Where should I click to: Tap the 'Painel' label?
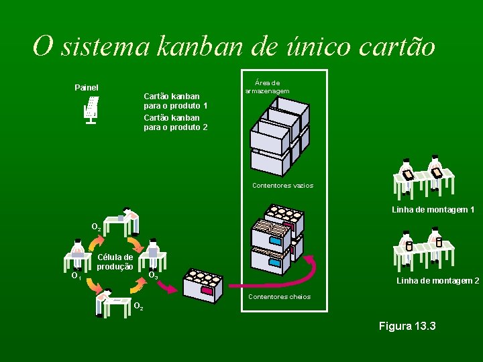click(86, 87)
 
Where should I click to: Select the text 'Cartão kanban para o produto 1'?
click(175, 101)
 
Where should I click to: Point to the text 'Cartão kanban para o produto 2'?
click(175, 122)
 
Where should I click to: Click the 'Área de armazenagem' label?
click(267, 86)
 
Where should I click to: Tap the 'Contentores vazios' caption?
click(282, 185)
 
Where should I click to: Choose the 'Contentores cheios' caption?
click(279, 296)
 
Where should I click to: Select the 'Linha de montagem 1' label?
click(433, 210)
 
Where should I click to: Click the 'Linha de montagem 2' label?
click(437, 280)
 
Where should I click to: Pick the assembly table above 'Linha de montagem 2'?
click(423, 246)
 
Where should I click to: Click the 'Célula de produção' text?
click(115, 261)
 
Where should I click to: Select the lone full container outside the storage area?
click(202, 286)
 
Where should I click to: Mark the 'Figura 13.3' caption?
click(407, 326)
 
